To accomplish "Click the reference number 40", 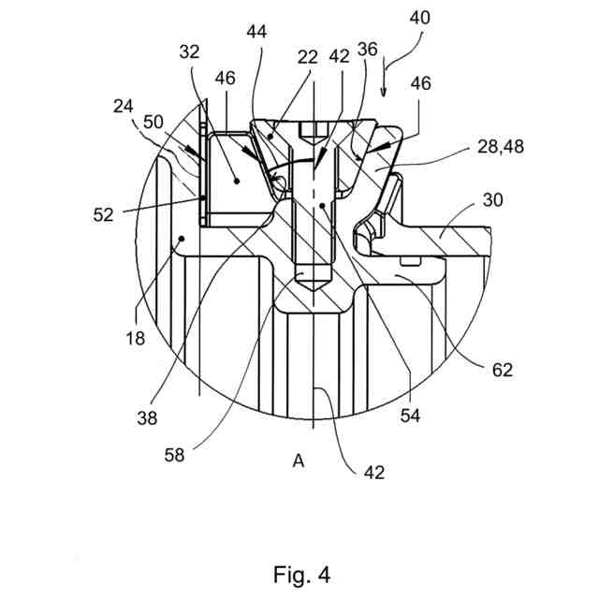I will [x=417, y=17].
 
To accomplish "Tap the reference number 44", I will [x=256, y=32].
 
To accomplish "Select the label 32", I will [x=190, y=54].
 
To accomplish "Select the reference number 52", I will [x=103, y=214].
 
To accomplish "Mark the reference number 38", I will [x=146, y=418].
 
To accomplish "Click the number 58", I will [x=173, y=457].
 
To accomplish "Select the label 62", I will [x=502, y=369].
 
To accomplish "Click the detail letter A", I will [x=298, y=460].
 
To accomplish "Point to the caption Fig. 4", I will [x=301, y=572].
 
